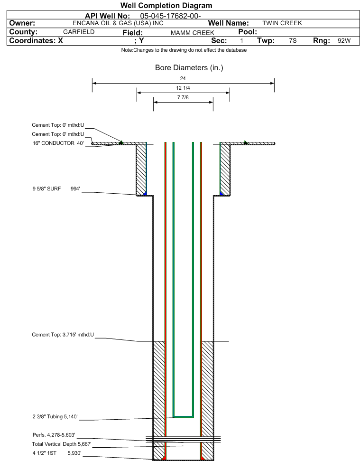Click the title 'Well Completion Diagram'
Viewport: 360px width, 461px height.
coord(166,6)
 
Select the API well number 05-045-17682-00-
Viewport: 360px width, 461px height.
coord(170,16)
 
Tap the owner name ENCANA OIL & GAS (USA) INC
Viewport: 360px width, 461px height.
coord(118,23)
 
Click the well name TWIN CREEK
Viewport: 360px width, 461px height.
coord(282,23)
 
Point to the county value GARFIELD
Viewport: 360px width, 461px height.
coord(79,32)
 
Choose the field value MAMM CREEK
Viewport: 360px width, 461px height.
coord(193,33)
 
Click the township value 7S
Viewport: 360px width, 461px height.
coord(293,40)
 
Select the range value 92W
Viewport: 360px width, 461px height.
coord(344,40)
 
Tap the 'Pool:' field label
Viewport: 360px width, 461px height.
coord(248,32)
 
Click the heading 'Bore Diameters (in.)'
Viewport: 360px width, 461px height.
coord(189,67)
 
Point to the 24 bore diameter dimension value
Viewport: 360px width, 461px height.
coord(183,78)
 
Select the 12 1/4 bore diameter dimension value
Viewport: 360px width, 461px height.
coord(183,88)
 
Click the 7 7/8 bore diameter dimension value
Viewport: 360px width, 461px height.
coord(183,97)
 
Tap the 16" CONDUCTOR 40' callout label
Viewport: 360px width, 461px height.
coord(58,143)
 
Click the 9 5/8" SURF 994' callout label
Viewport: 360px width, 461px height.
coord(56,189)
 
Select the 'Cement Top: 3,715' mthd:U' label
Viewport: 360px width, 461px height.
coord(63,335)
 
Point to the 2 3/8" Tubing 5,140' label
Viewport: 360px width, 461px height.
coord(55,416)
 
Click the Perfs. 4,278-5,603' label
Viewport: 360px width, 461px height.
coord(54,435)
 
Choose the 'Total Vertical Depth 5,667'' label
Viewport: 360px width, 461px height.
coord(62,444)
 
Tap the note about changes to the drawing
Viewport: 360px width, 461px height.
coord(184,50)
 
